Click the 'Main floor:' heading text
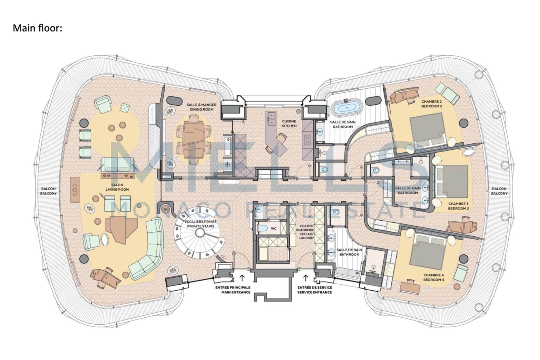pos(38,28)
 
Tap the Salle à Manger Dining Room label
pos(201,107)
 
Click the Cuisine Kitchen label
pos(289,123)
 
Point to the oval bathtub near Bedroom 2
pos(347,109)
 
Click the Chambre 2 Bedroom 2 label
pos(431,104)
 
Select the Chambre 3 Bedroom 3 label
pos(458,206)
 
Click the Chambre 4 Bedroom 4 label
pos(433,277)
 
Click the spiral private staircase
pos(200,233)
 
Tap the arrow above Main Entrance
pos(242,277)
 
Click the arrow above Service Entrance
pos(306,277)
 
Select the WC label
pos(274,229)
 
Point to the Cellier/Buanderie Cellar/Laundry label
pos(306,232)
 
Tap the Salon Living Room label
pos(117,187)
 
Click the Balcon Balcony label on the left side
pos(49,191)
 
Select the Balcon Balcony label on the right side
pos(499,191)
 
